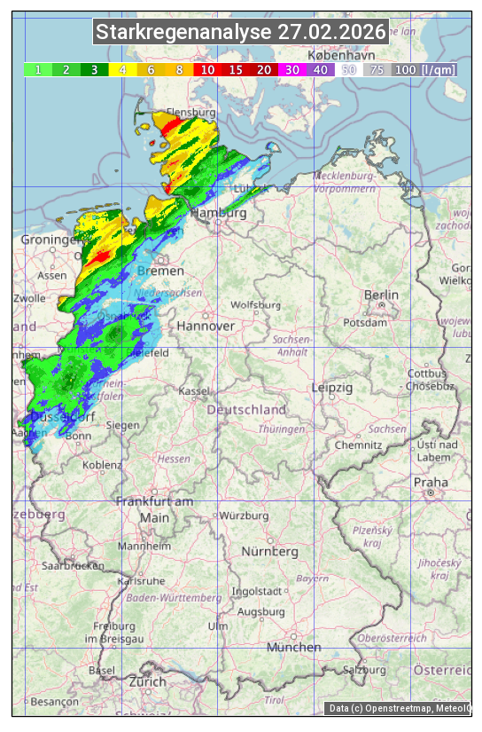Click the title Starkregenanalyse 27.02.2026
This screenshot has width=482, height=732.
point(241,33)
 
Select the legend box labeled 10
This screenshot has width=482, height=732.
point(206,69)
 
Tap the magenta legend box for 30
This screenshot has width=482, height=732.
point(291,69)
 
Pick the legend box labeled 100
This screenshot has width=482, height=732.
point(405,69)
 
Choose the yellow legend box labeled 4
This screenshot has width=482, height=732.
point(122,69)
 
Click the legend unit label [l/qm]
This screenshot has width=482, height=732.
point(439,69)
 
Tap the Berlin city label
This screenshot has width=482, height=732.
point(381,295)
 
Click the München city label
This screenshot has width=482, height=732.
point(293,648)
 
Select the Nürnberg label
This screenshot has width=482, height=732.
point(270,552)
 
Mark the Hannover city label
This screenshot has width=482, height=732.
point(206,326)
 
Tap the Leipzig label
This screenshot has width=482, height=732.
point(332,388)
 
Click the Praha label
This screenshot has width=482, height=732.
point(430,482)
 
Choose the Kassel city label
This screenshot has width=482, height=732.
point(193,390)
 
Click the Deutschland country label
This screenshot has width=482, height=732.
point(246,410)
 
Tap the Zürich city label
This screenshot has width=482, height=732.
point(147,681)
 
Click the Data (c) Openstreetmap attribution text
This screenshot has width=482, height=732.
point(399,708)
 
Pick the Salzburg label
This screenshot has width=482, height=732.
point(365,670)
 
